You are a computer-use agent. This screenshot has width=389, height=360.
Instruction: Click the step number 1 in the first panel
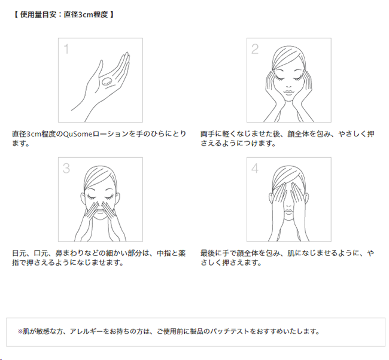[66, 49]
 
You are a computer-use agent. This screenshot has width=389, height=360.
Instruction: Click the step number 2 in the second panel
[255, 49]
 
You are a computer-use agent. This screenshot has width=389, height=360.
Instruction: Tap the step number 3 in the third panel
[66, 169]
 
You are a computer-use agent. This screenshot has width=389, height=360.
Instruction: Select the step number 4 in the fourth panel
[255, 169]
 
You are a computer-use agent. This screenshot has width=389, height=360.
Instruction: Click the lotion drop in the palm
[107, 81]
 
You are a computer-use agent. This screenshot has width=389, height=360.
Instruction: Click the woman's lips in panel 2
[288, 93]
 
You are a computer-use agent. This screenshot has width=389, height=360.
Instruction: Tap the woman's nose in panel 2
[288, 86]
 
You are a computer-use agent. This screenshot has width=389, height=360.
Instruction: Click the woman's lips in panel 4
[288, 212]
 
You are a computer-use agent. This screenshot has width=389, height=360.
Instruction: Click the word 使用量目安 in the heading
[38, 14]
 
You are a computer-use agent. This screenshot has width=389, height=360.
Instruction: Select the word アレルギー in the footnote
[86, 331]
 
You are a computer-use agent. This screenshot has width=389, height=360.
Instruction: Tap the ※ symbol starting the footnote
[20, 331]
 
